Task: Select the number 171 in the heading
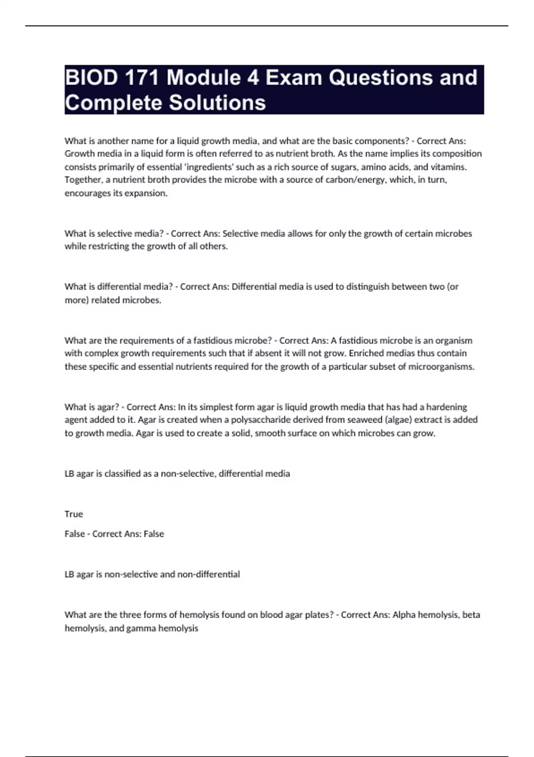(142, 78)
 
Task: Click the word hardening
(446, 407)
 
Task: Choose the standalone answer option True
(73, 514)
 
